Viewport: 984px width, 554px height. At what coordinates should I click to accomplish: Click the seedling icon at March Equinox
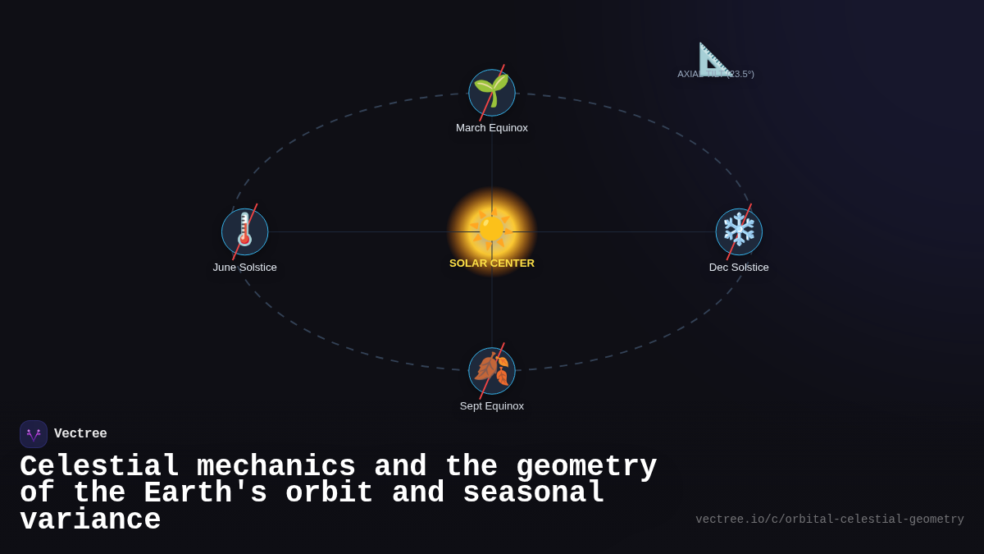coord(492,91)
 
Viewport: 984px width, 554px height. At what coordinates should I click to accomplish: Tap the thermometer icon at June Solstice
coord(244,231)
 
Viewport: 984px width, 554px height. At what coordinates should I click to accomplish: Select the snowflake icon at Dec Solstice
coord(739,231)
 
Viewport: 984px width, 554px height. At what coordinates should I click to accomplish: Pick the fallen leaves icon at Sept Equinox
coord(492,369)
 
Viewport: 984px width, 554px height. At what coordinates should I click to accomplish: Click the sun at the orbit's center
coord(491,227)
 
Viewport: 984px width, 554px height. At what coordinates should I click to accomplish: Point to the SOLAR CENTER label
coord(492,263)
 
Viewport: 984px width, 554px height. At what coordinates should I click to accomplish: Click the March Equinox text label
coord(492,128)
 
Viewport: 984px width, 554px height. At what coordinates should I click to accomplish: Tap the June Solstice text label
coord(245,268)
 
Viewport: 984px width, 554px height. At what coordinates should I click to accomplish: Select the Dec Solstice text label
coord(739,268)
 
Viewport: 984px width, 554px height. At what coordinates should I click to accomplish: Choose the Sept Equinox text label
coord(492,406)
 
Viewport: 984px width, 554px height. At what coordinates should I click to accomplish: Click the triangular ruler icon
coord(713,59)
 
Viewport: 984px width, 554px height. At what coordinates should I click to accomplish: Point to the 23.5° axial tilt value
coord(740,74)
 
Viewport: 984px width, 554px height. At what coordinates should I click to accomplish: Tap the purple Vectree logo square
coord(34,434)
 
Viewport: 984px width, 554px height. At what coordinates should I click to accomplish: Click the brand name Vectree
coord(80,434)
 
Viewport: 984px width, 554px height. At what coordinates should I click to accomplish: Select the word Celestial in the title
coord(99,466)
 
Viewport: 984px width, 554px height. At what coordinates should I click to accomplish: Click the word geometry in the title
coord(586,466)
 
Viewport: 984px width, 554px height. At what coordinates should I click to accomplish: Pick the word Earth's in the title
coord(205,493)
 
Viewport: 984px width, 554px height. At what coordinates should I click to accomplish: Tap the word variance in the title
coord(90,520)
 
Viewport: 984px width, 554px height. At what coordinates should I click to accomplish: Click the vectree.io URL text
coord(829,520)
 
